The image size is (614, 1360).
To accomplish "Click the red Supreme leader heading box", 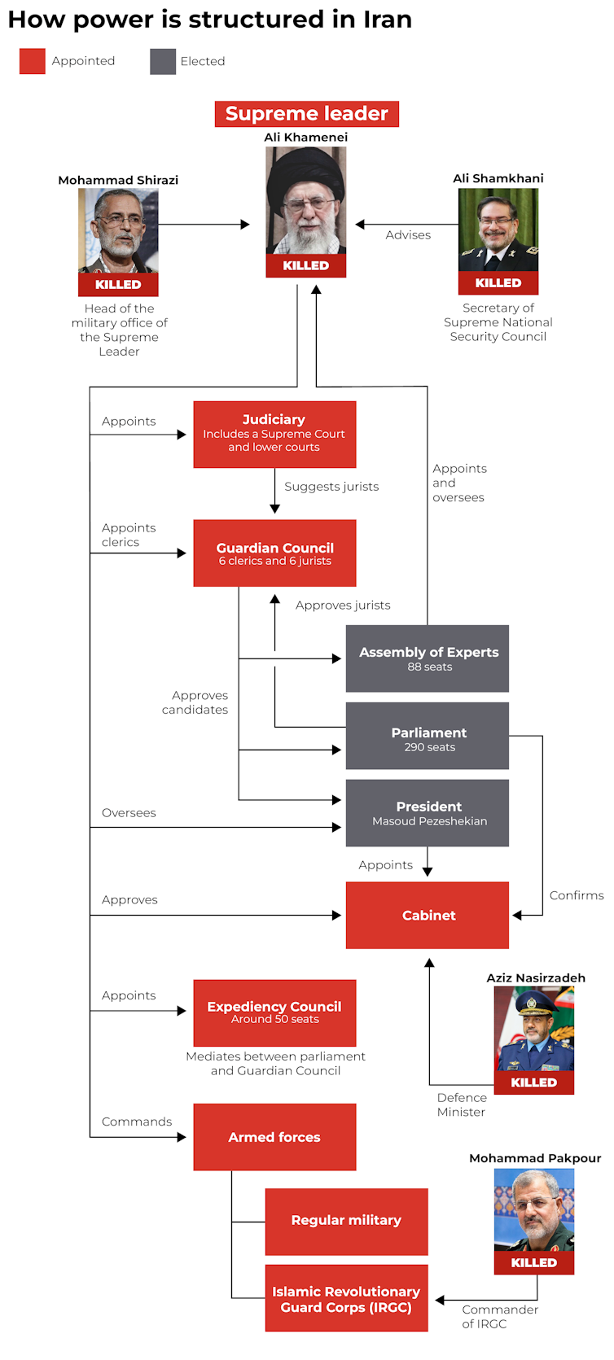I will pos(306,114).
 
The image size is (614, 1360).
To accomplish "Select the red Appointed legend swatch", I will pos(33,61).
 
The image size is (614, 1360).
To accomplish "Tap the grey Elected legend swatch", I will pos(163,61).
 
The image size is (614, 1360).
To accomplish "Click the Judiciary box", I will pos(274,434).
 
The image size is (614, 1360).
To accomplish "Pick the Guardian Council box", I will pos(274,553).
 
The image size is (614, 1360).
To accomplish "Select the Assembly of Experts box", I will pos(428,658).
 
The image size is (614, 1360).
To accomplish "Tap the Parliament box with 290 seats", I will pos(428,736).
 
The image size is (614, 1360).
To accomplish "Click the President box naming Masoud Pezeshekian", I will pos(428,813).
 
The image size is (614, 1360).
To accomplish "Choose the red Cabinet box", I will pos(428,915).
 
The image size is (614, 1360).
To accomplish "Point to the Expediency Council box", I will pos(274,1012).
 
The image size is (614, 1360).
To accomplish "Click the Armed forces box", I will pos(274,1137).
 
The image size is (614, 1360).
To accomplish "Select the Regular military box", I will pos(346,1221).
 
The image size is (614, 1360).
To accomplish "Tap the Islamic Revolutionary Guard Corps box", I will pos(346,1299).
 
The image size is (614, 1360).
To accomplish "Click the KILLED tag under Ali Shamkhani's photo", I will pos(498,283).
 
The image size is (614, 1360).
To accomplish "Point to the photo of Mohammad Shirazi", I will pos(118,231).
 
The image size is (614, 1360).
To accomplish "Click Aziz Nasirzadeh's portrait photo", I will pos(533,1029).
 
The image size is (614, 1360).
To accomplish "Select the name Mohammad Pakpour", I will pos(535,1158).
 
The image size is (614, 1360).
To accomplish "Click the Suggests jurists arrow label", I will pos(331,487).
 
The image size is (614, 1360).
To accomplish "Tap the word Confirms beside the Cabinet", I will pos(577,895).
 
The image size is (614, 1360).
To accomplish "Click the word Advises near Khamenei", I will pos(408,235).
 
